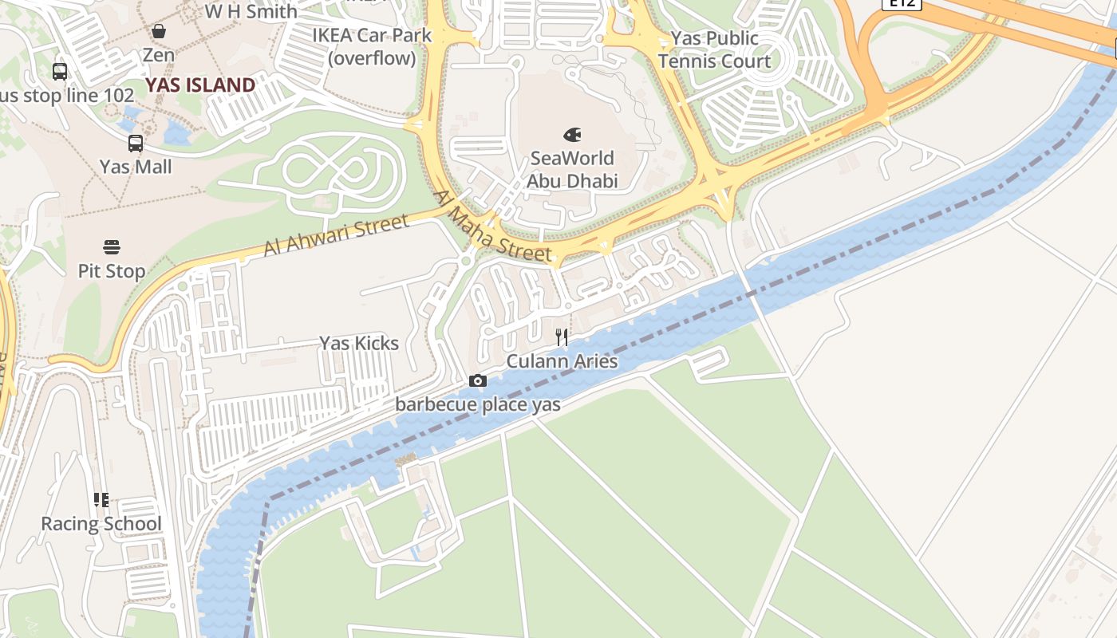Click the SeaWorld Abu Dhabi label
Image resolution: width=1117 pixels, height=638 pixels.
572,169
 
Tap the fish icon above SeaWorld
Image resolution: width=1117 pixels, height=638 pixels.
572,134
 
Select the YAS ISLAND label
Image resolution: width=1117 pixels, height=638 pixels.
200,85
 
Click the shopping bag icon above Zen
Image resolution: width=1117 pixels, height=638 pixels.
159,32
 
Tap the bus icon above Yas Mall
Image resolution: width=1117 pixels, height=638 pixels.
136,144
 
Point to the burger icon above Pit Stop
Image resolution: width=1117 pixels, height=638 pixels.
112,246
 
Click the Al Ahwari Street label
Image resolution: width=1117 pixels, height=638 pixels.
337,235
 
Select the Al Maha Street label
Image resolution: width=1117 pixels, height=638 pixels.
492,227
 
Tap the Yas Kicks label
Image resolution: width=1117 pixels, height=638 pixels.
359,343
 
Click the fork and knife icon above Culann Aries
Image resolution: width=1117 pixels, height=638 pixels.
562,337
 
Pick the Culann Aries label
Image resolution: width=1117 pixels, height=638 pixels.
562,361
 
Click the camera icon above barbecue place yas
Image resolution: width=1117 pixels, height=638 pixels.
478,381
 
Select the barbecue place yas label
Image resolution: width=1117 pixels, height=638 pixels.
478,404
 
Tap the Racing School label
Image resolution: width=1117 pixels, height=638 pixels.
101,524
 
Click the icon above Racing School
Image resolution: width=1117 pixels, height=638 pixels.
101,500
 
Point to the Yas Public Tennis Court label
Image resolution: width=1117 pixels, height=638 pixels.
715,49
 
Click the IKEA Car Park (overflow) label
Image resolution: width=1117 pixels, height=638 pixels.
372,46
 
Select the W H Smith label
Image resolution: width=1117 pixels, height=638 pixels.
251,11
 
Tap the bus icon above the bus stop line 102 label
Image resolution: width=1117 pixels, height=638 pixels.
60,72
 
